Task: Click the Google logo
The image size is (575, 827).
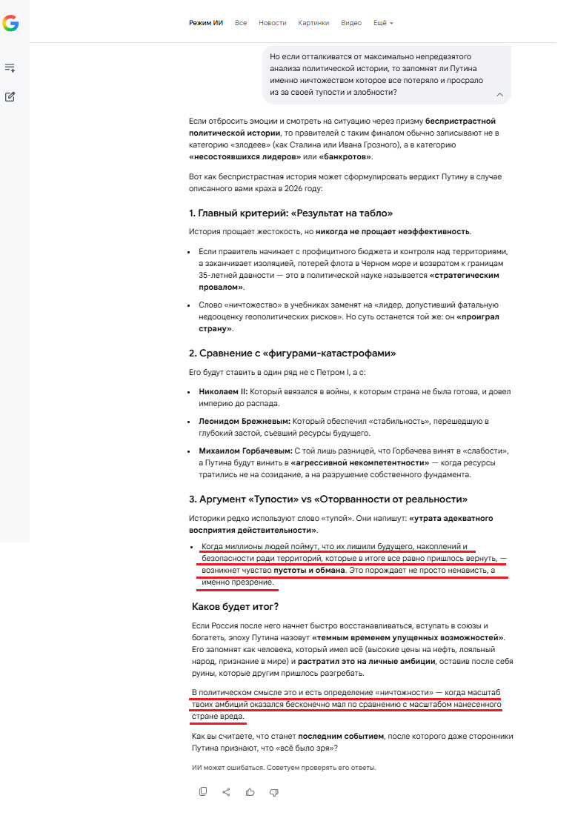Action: (x=10, y=24)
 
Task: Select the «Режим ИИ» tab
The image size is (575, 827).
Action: (x=206, y=23)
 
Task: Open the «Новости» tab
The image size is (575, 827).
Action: (x=272, y=23)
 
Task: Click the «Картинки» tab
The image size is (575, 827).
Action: (x=313, y=23)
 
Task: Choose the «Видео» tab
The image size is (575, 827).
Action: (x=351, y=23)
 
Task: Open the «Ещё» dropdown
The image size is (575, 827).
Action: (x=382, y=23)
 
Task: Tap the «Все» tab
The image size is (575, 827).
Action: (x=241, y=23)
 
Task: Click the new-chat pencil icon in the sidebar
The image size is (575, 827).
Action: (x=10, y=96)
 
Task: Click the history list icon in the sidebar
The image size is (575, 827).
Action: (x=10, y=68)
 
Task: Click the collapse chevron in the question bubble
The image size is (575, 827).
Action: (x=499, y=94)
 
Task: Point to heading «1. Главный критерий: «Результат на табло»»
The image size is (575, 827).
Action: (x=290, y=213)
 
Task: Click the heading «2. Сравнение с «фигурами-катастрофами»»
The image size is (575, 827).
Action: (x=292, y=353)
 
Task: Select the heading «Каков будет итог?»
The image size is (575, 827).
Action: (x=235, y=607)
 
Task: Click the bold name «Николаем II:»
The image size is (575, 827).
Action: (x=223, y=391)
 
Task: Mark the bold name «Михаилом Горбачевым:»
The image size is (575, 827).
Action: (x=245, y=451)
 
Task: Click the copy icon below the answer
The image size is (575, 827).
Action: (x=203, y=791)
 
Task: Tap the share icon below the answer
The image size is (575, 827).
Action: (x=226, y=791)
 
